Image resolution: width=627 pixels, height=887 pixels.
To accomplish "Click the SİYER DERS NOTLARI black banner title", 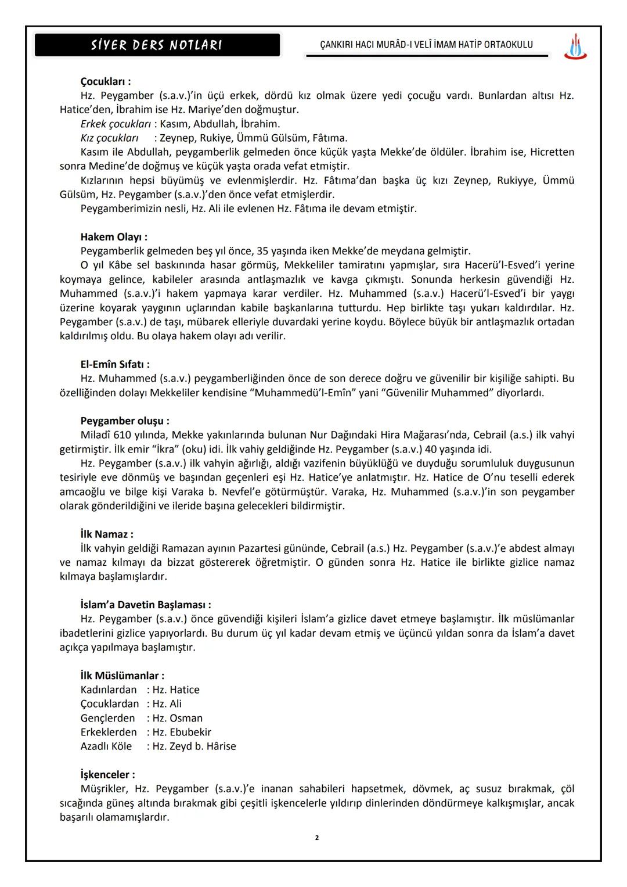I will coord(157,45).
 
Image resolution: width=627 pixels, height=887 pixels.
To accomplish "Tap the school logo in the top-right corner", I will coord(575,46).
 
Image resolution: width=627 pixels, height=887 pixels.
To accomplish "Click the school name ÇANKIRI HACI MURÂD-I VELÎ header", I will coord(426,45).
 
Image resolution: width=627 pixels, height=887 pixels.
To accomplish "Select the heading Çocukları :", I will coord(105,82).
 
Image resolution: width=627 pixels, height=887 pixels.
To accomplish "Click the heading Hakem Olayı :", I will coord(113,237).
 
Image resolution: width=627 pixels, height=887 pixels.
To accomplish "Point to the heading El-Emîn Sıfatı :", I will coord(114,364).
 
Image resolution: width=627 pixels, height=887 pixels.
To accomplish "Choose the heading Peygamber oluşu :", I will coord(125,421).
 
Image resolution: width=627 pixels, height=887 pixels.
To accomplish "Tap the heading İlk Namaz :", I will coord(106,534).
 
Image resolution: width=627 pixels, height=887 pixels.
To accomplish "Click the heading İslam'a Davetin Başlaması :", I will coord(145,605).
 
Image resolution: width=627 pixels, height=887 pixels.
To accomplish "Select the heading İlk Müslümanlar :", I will coord(122,676).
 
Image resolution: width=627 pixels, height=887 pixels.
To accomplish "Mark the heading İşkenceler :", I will coord(107,775).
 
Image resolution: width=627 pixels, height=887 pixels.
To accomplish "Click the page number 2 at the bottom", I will coord(316,838).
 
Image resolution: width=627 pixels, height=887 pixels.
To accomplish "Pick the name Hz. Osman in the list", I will coord(177,719).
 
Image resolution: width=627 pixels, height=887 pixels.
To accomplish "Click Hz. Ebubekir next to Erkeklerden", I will coord(182,732).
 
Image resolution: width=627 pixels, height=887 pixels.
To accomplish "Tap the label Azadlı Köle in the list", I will coord(106,746).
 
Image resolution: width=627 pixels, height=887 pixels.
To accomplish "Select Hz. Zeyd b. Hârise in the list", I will coord(194,746).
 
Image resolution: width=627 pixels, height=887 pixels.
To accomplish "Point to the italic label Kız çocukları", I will coord(109,138).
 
